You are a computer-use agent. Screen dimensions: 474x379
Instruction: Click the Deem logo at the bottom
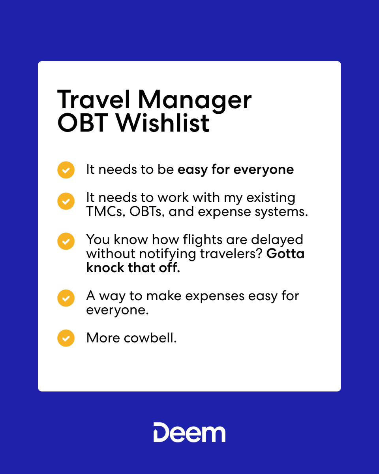click(189, 432)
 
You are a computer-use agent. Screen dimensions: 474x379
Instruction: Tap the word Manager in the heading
click(195, 101)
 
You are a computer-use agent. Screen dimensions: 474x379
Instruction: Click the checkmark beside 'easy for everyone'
click(66, 170)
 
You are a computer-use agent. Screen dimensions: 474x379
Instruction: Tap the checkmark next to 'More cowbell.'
click(66, 338)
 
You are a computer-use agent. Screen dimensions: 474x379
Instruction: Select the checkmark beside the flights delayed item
click(66, 241)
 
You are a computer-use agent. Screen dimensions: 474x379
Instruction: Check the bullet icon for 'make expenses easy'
click(66, 298)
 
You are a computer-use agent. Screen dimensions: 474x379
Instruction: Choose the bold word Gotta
click(285, 254)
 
